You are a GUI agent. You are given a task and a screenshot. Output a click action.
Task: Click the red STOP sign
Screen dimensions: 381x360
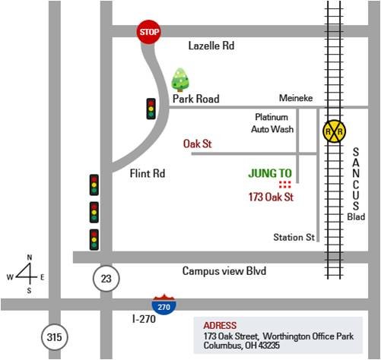coord(149,32)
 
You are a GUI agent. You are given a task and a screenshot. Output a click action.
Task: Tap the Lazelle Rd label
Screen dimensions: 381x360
coord(211,46)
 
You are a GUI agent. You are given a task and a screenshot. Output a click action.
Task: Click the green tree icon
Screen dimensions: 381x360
coord(180,80)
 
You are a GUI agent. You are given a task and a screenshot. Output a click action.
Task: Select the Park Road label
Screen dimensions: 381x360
coord(196,99)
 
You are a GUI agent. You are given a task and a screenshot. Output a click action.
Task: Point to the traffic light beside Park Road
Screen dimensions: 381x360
coord(151,109)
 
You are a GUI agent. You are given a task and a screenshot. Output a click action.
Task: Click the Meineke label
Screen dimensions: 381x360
coord(296,98)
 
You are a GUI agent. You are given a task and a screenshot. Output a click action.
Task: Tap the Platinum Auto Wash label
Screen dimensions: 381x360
coord(272,123)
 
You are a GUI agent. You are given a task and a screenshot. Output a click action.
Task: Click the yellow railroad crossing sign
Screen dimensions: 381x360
coord(334,131)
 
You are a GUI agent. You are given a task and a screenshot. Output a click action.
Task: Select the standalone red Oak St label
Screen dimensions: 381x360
coord(197,144)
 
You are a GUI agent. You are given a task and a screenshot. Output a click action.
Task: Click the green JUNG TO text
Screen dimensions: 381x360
coord(270,173)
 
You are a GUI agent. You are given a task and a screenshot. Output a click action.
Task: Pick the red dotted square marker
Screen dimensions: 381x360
coord(285,185)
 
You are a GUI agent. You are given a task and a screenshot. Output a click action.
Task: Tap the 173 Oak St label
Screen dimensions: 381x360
coord(271,197)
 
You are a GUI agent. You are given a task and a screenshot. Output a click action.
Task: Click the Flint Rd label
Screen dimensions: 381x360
coord(148,174)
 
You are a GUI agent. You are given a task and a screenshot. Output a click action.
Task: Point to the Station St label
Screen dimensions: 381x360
coord(294,238)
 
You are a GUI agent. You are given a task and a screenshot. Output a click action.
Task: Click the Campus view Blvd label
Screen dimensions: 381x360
coord(224,271)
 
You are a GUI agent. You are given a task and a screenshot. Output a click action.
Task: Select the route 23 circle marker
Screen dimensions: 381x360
coord(106,279)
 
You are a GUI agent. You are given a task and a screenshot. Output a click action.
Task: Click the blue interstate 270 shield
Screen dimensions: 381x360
coord(164,305)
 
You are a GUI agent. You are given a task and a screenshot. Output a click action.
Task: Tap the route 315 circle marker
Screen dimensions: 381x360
coord(55,337)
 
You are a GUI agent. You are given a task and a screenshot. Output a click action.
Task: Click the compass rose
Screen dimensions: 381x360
coord(27,274)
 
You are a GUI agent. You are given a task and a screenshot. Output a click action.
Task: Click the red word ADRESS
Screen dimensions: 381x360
coord(220,326)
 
